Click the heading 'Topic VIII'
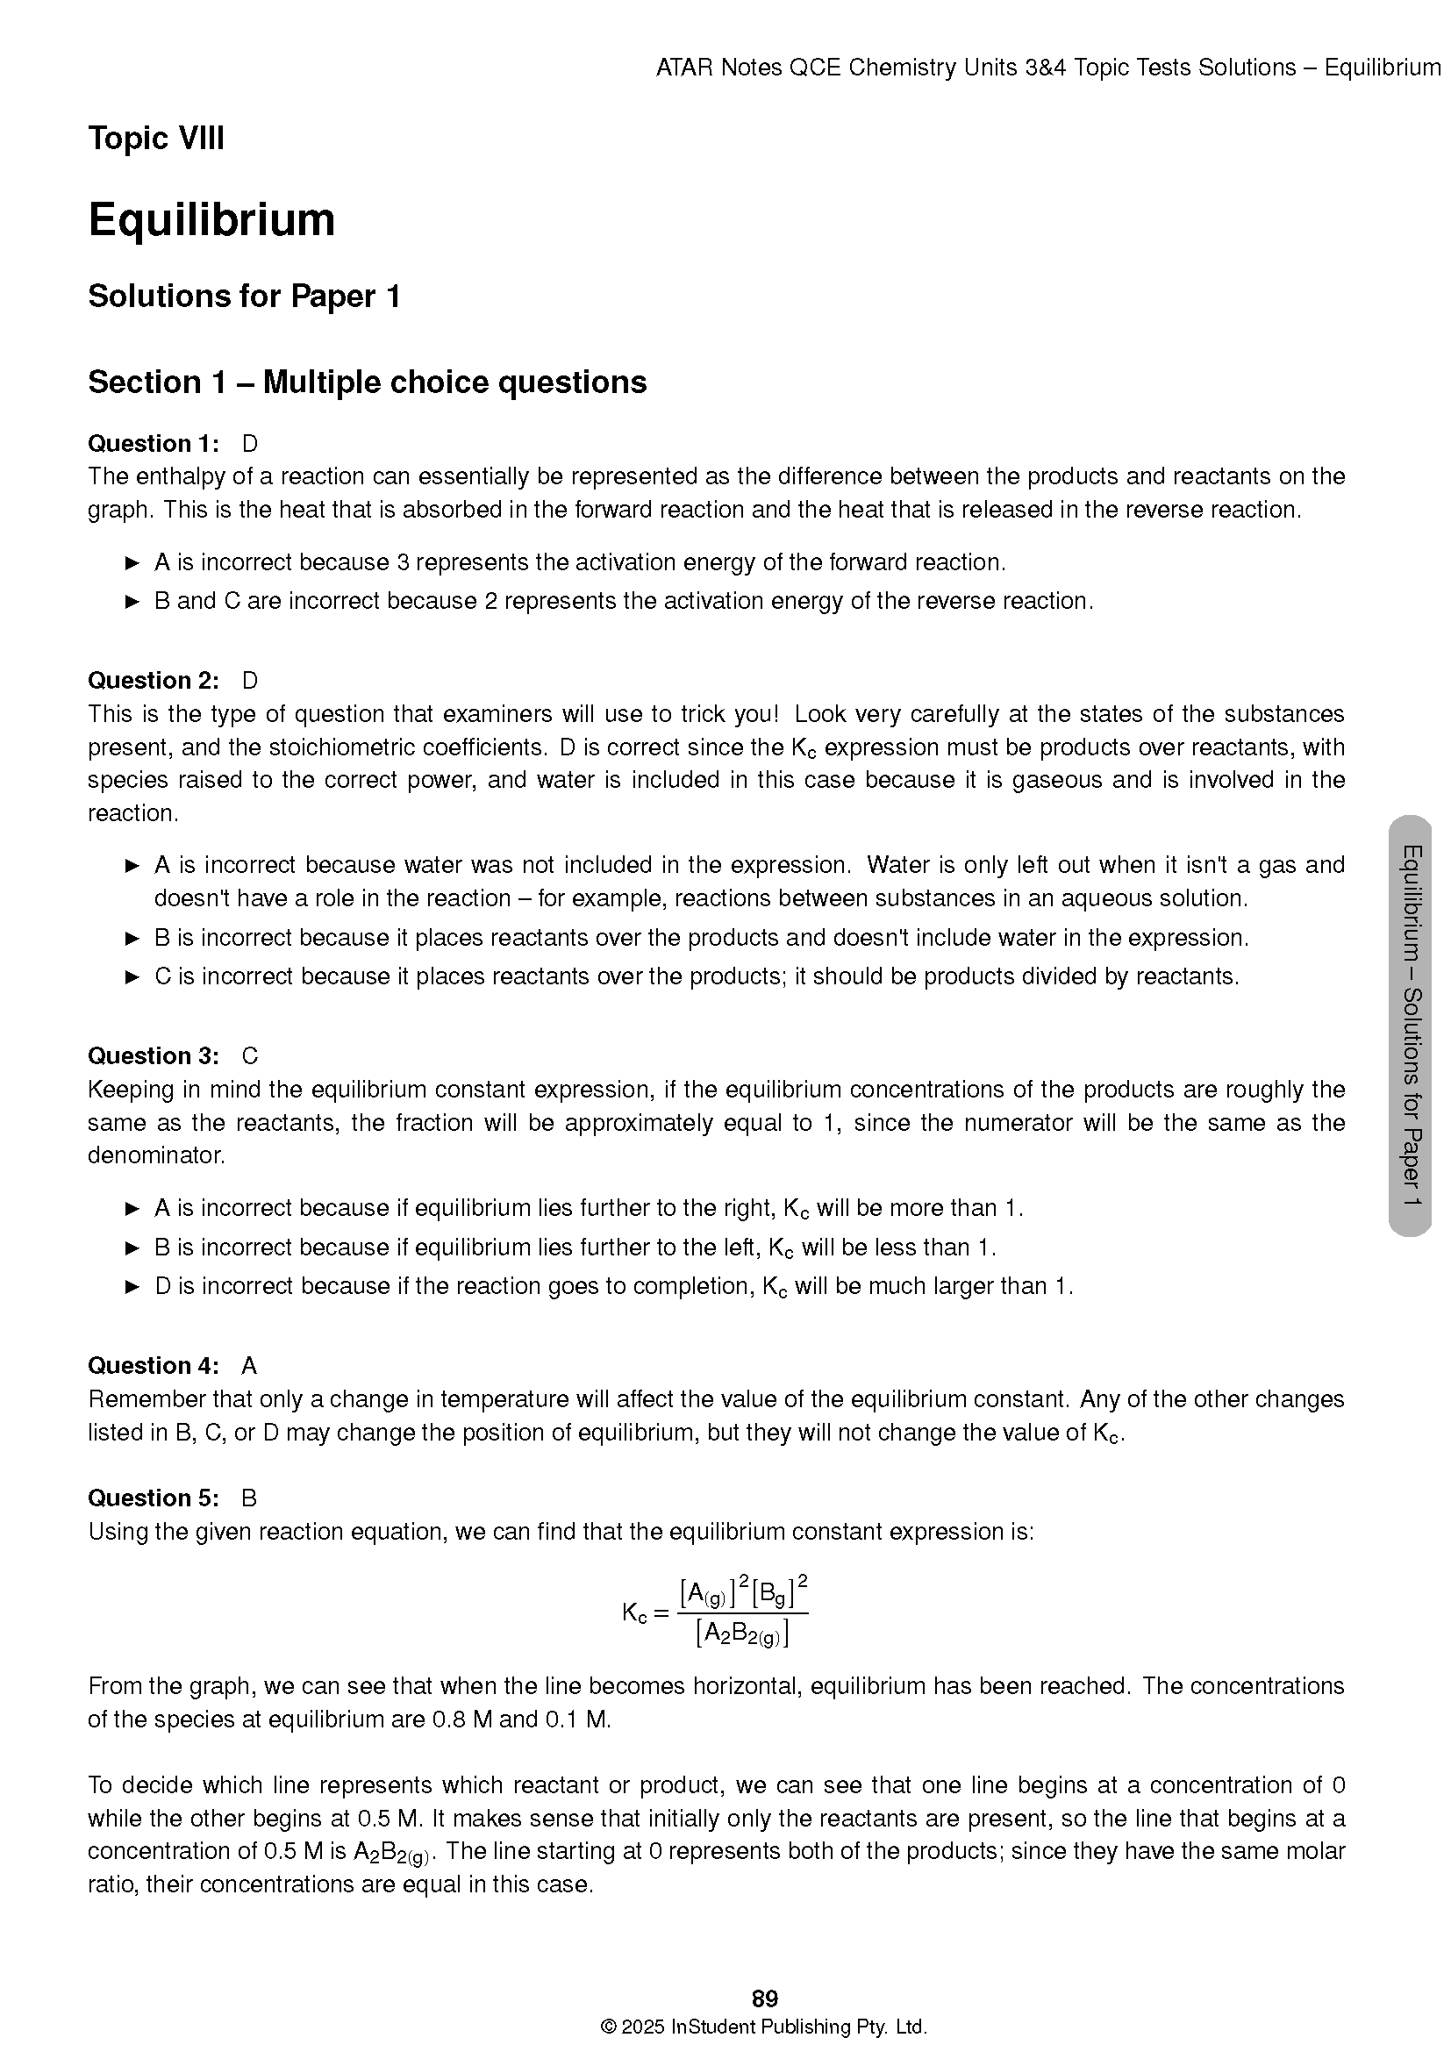pyautogui.click(x=155, y=139)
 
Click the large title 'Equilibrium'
pyautogui.click(x=211, y=220)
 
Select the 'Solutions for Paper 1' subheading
pyautogui.click(x=244, y=297)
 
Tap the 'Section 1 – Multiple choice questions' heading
pyautogui.click(x=368, y=383)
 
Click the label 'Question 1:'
pyautogui.click(x=153, y=444)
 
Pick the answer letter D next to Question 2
pyautogui.click(x=249, y=681)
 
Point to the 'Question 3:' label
pyautogui.click(x=153, y=1056)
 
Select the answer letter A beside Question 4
pyautogui.click(x=249, y=1366)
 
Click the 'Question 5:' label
pyautogui.click(x=153, y=1498)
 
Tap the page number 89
pyautogui.click(x=765, y=1998)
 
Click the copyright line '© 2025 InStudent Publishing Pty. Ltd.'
pyautogui.click(x=765, y=2026)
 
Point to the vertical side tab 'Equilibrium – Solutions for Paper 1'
pyautogui.click(x=1411, y=1026)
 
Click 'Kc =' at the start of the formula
pyautogui.click(x=645, y=1613)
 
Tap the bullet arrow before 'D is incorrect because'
pyautogui.click(x=132, y=1287)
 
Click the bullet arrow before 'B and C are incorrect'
pyautogui.click(x=132, y=602)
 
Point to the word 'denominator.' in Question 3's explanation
pyautogui.click(x=156, y=1155)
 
